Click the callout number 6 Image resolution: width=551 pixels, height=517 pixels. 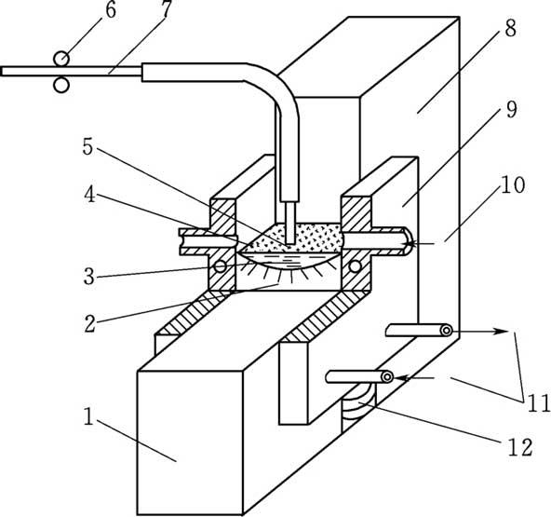[111, 10]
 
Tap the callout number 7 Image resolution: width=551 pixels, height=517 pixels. [166, 9]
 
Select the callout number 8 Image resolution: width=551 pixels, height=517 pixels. [511, 28]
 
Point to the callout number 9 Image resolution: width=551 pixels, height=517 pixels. [511, 109]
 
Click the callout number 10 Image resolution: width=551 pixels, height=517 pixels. [513, 185]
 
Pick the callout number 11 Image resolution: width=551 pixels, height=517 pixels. [538, 403]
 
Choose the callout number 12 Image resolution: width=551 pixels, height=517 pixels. [520, 448]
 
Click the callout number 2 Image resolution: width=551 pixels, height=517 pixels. [89, 324]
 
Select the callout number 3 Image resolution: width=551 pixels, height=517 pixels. [89, 277]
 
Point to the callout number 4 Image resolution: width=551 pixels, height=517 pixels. [89, 196]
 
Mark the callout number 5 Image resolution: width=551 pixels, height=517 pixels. [87, 146]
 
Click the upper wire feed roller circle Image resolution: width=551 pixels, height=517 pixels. [61, 59]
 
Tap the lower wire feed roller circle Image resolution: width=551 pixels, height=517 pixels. [61, 85]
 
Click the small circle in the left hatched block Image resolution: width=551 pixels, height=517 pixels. [221, 266]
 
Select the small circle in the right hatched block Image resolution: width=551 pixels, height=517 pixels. [355, 266]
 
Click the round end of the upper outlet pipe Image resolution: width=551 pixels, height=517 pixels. [447, 331]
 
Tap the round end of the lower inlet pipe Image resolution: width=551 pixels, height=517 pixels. [387, 377]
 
